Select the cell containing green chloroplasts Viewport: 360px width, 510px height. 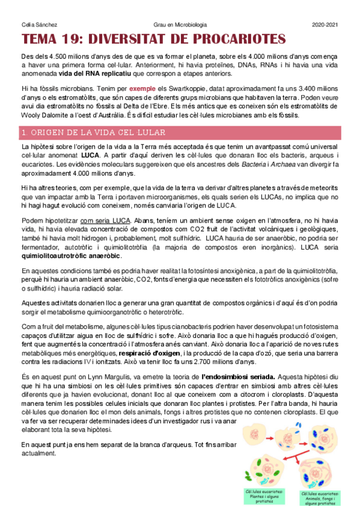click(263, 473)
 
